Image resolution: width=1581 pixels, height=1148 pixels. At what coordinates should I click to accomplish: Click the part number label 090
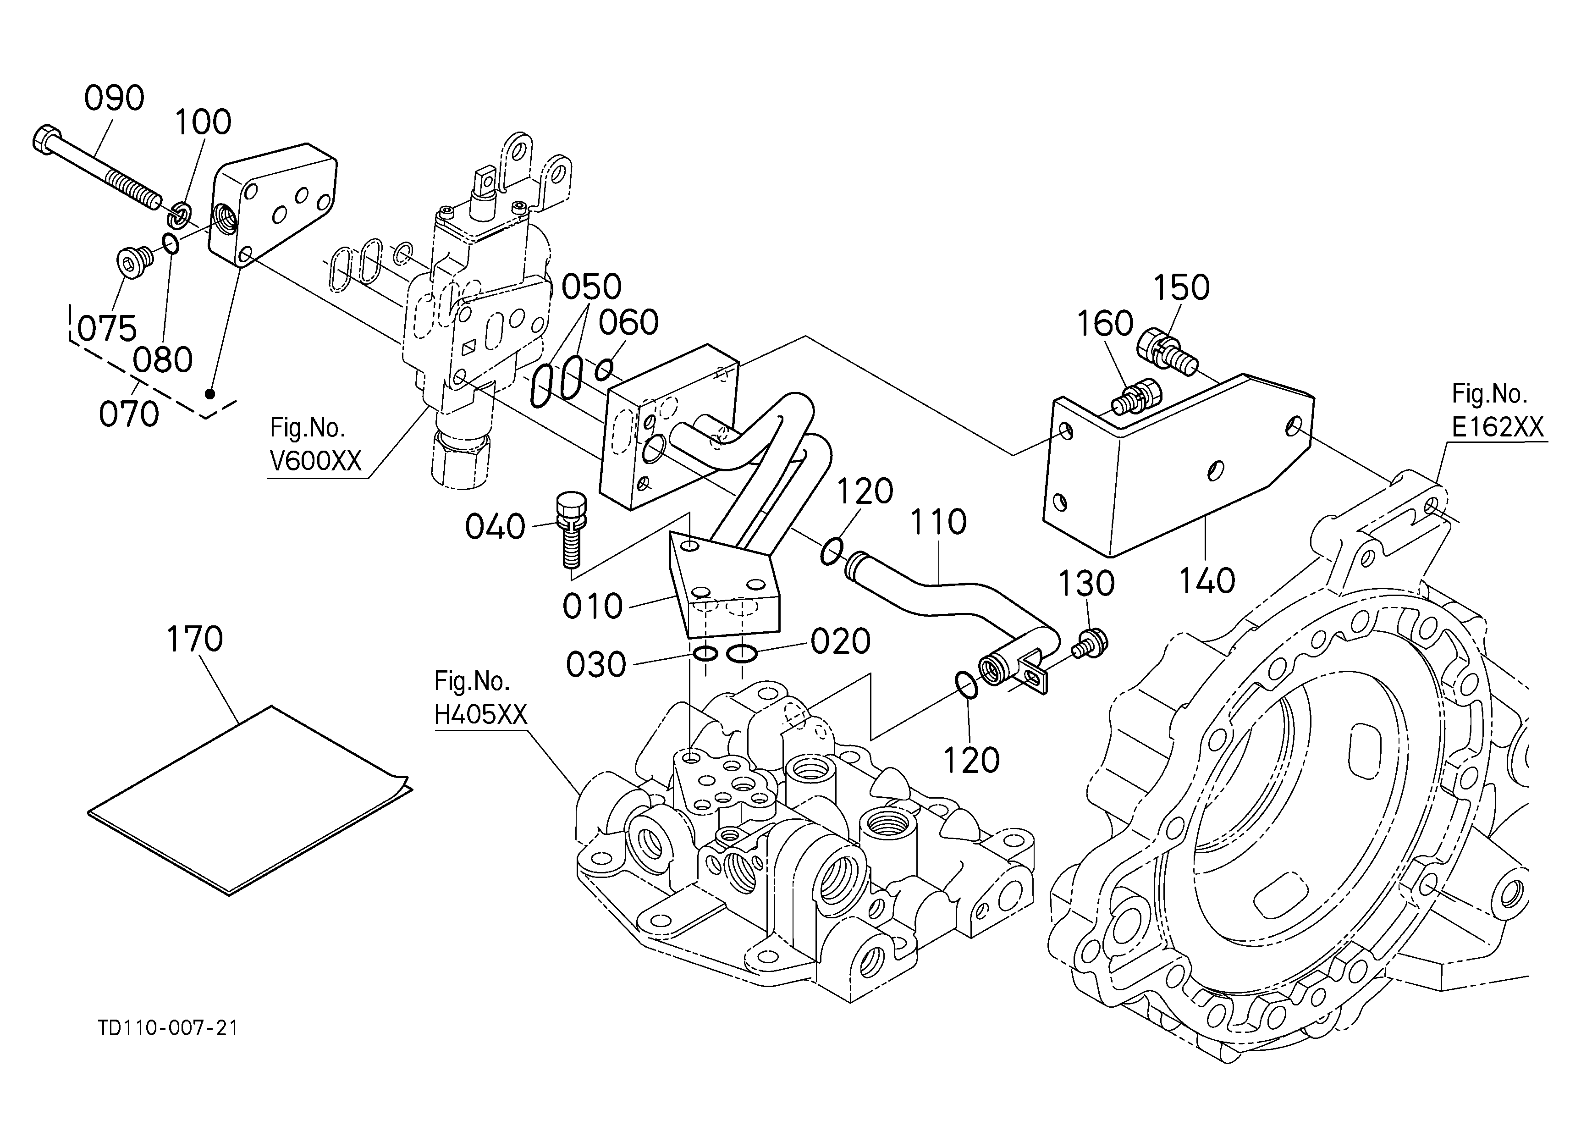[114, 98]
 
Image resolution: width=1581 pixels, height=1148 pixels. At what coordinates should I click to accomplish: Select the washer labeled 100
[181, 214]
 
